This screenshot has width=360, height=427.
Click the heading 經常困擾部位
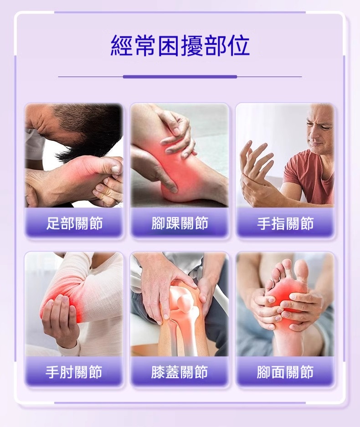point(180,46)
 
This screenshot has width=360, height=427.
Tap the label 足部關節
point(74,223)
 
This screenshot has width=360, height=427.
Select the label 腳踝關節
point(180,223)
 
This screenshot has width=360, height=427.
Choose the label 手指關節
point(285,223)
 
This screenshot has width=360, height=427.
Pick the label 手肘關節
point(74,372)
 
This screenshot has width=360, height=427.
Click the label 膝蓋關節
point(180,372)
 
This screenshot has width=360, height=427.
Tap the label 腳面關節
point(285,372)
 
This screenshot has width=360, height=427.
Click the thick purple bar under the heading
point(180,77)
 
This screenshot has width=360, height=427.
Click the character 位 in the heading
point(239,46)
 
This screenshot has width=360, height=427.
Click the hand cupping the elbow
point(58,319)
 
